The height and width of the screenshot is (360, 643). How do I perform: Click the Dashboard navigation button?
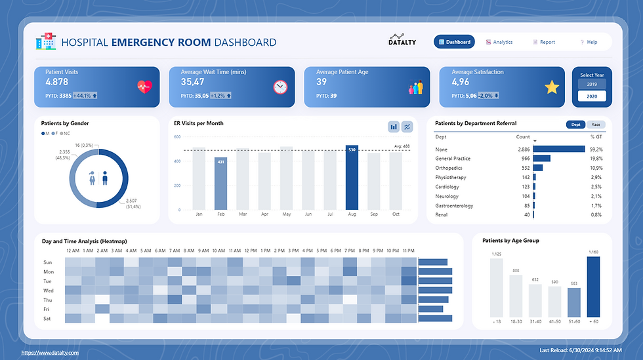coord(454,42)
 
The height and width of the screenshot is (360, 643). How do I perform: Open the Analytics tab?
coord(499,42)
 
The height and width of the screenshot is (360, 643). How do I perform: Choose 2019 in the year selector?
coord(591,85)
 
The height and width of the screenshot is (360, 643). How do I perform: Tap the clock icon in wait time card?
coord(280,87)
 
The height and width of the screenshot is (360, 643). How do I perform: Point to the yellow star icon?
coord(552,87)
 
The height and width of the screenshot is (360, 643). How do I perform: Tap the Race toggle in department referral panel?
coord(596,124)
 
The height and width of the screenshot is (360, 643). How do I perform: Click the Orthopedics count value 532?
coord(523,168)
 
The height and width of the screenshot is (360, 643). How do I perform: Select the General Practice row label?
coord(453,159)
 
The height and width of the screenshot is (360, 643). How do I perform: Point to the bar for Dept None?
coord(558,150)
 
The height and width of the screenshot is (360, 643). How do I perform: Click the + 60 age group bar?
coord(594,287)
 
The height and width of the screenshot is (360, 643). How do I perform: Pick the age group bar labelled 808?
coord(516,296)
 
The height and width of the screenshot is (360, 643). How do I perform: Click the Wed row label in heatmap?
coord(49,290)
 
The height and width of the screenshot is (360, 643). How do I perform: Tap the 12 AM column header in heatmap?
coord(73,250)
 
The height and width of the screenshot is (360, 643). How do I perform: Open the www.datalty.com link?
coord(50,353)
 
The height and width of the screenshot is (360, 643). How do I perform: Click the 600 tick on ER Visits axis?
coord(176,136)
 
